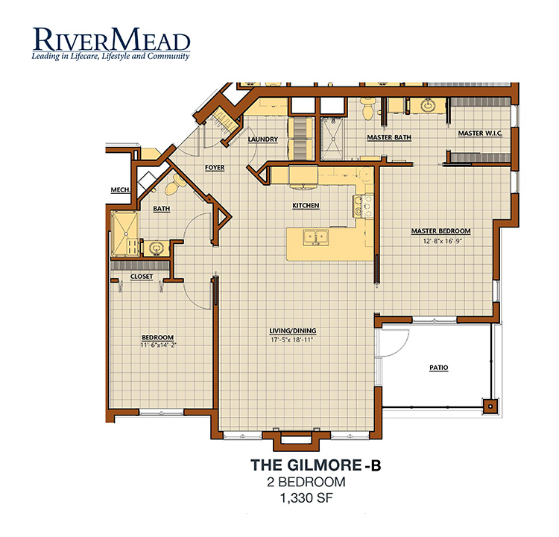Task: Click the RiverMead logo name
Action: click(111, 40)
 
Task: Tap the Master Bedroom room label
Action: click(441, 231)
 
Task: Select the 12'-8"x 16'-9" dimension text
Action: click(443, 241)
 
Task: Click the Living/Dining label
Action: click(293, 331)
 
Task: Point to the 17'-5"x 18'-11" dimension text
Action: click(292, 340)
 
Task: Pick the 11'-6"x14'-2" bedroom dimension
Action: click(159, 345)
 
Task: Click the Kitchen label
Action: click(306, 206)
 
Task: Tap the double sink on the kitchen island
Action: click(316, 237)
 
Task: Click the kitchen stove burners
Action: click(363, 207)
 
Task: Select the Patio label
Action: click(439, 368)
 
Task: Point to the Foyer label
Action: click(215, 167)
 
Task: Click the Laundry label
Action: click(263, 139)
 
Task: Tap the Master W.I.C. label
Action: click(480, 133)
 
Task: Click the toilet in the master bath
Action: click(367, 107)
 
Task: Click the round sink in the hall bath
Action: click(156, 247)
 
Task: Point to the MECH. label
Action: click(121, 190)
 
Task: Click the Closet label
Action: click(142, 277)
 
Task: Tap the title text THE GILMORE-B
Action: click(316, 465)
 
